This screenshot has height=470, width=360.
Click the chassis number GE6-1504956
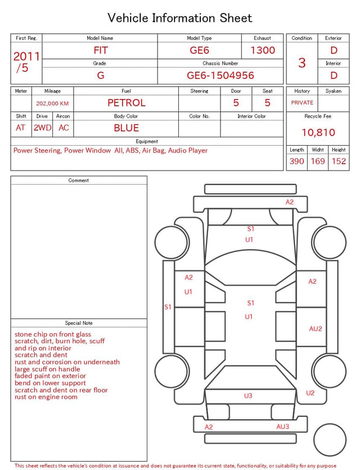(220, 75)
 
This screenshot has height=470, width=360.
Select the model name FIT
(101, 50)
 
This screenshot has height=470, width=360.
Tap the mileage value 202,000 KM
(52, 104)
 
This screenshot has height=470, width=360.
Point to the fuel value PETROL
(127, 103)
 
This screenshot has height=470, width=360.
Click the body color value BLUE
(127, 128)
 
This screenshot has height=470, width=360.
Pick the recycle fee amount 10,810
(318, 132)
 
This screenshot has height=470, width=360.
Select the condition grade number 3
(302, 63)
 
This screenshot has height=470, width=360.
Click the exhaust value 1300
(263, 50)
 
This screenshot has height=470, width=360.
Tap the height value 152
(339, 161)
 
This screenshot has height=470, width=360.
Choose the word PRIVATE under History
(302, 103)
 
